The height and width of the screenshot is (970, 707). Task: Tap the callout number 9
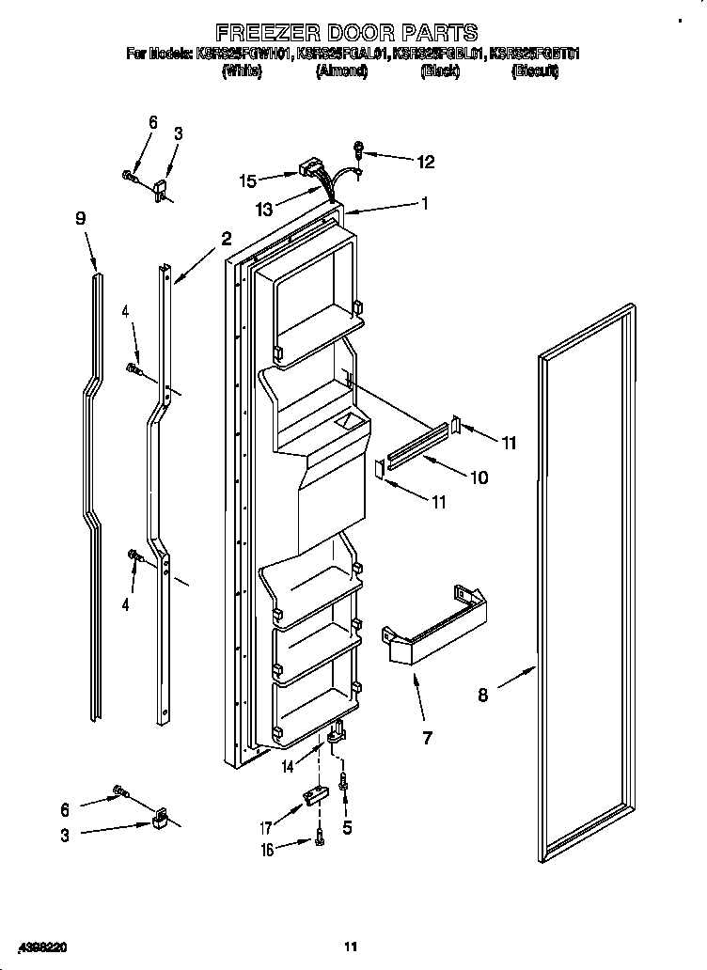tap(81, 218)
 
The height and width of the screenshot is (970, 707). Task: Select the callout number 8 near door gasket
tap(482, 696)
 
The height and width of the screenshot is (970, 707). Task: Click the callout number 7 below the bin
tap(427, 738)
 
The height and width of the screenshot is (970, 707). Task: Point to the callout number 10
tap(479, 477)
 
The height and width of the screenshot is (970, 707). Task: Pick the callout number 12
tap(425, 162)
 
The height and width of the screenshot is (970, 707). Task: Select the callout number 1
tap(425, 202)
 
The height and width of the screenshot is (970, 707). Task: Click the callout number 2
tap(226, 240)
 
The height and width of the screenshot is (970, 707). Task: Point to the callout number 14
tap(288, 767)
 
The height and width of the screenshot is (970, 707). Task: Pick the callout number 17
tap(266, 828)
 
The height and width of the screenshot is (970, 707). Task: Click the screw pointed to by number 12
tap(359, 149)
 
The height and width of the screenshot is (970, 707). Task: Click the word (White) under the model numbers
tap(241, 70)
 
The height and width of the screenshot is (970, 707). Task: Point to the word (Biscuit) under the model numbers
tap(534, 70)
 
